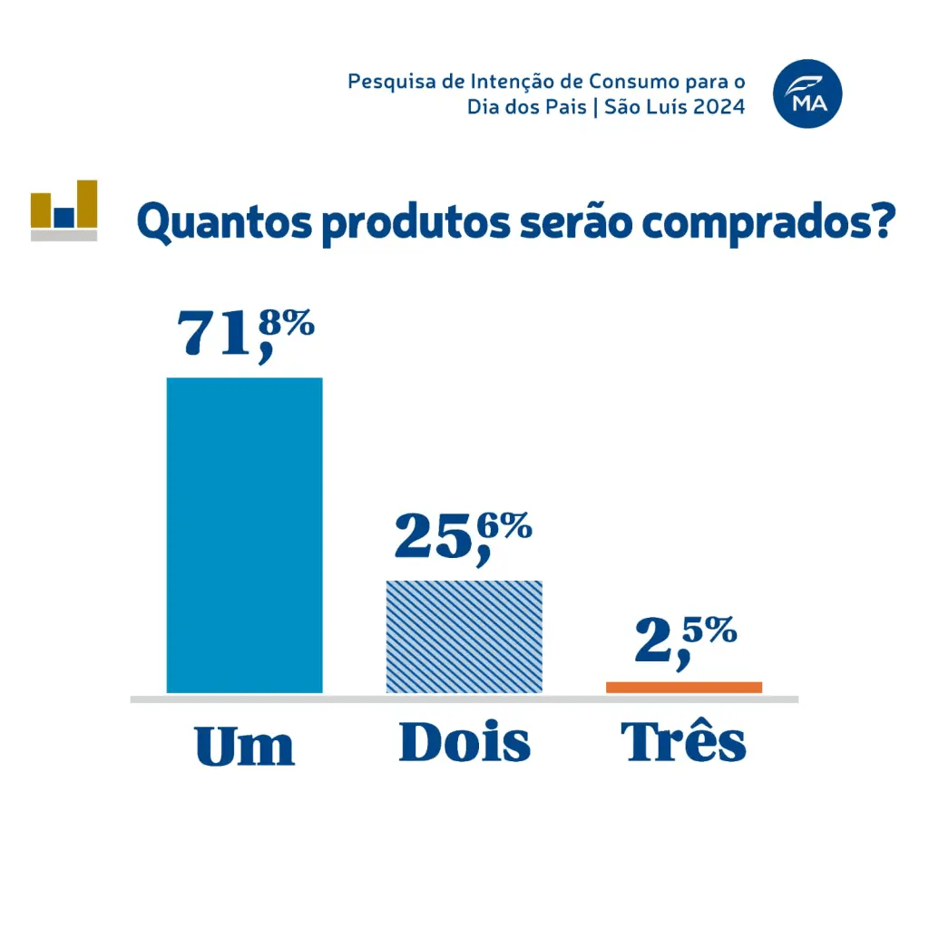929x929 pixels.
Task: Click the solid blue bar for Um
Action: tap(245, 535)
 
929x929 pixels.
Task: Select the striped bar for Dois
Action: tap(464, 637)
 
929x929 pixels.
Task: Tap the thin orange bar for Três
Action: tap(684, 688)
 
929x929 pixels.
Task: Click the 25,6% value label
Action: tap(463, 536)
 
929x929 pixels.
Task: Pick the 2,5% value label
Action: tap(684, 641)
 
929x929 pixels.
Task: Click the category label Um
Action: tap(245, 746)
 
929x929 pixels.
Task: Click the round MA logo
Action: tap(807, 93)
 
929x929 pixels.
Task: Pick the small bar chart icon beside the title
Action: tap(64, 210)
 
